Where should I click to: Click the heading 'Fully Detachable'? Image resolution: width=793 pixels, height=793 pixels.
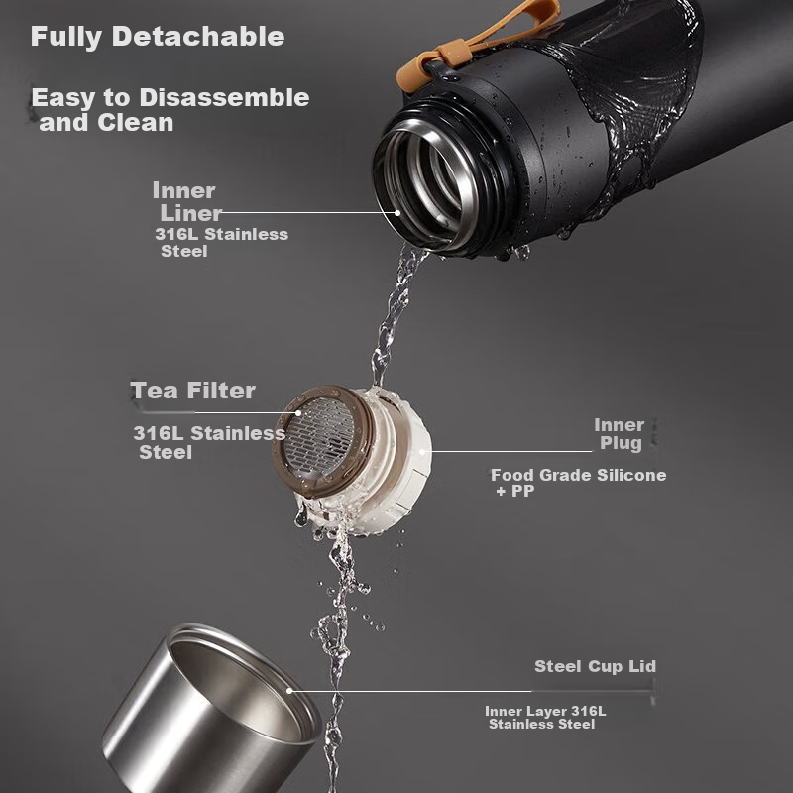click(158, 37)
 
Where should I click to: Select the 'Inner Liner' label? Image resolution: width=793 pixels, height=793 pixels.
click(187, 202)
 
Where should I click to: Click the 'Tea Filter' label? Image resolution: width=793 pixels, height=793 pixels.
click(192, 391)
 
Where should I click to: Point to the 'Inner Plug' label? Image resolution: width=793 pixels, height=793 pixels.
click(620, 434)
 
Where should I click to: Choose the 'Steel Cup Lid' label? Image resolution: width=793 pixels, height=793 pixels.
click(596, 666)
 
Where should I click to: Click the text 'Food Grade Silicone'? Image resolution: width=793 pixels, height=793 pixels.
click(579, 475)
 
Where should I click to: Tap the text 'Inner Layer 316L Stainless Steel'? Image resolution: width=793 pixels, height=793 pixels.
click(545, 717)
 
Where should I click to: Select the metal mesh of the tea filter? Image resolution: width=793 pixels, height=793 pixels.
click(319, 438)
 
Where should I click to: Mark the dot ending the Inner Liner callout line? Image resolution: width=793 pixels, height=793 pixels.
click(397, 213)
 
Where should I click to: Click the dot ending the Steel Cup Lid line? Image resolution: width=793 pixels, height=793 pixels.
click(289, 690)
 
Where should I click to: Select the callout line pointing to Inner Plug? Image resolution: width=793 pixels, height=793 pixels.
click(506, 451)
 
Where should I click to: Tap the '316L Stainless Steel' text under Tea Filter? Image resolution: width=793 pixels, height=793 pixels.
click(209, 442)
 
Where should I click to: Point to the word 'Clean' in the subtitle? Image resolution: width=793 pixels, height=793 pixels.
click(136, 123)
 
